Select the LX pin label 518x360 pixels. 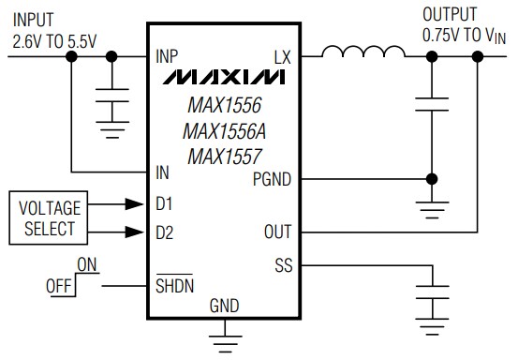[283, 56]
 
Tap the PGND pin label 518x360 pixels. [272, 178]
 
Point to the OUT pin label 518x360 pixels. [278, 232]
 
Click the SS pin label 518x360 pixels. [283, 266]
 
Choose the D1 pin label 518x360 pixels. [165, 202]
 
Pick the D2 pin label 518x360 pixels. [165, 231]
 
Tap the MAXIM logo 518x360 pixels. [226, 75]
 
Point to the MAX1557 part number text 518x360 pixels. [226, 150]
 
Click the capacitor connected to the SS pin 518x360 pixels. [430, 305]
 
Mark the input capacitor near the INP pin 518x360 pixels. [112, 100]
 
